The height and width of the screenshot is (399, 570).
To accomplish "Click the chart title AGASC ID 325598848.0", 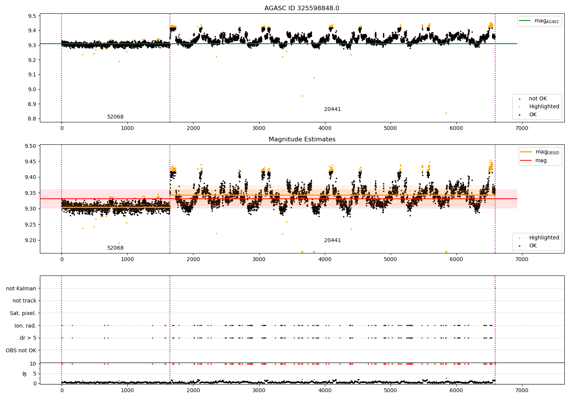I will (x=302, y=8).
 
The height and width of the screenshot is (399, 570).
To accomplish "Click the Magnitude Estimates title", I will (x=302, y=139).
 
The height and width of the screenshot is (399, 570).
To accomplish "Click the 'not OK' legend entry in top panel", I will (x=538, y=99).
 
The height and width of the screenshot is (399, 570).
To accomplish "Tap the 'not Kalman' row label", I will (x=21, y=288).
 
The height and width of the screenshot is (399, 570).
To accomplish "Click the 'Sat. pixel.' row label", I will (x=23, y=313).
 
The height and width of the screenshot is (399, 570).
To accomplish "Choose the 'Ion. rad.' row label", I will (x=25, y=326).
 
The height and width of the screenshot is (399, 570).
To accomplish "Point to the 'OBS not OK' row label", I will (x=21, y=350).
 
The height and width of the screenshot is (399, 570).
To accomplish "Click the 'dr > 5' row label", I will (x=28, y=338).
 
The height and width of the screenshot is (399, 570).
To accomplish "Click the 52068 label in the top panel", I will (x=115, y=117).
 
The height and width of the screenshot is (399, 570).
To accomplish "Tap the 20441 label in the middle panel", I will (x=332, y=241).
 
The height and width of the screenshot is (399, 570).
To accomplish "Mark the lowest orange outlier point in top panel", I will (x=446, y=113).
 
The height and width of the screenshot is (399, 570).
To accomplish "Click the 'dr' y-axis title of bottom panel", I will (x=25, y=374).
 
